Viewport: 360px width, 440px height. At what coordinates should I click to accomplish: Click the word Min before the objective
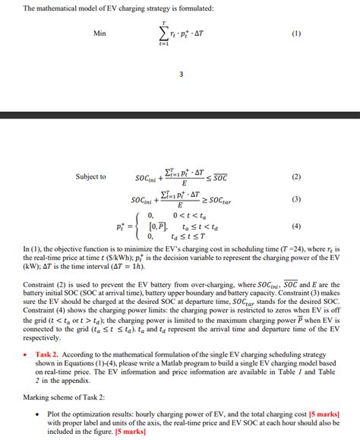(x=99, y=33)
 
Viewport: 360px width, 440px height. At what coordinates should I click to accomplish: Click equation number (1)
(x=296, y=33)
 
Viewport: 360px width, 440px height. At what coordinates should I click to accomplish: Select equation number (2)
(x=296, y=177)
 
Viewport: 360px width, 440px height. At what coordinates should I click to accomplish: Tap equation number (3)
(x=296, y=199)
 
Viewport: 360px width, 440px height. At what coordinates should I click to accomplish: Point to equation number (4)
(x=296, y=226)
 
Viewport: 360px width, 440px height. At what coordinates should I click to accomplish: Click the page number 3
(x=181, y=74)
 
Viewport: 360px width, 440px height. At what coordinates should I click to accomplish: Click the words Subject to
(x=90, y=177)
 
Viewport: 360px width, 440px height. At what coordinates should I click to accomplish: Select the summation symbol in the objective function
(x=163, y=34)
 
